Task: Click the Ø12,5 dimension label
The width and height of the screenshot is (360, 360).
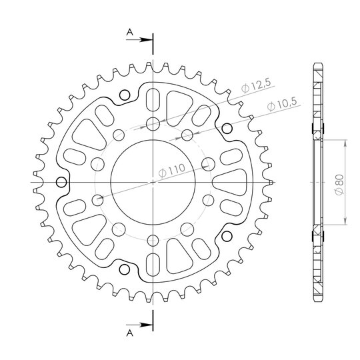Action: tap(256, 85)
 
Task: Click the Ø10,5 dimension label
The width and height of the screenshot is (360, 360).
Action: tap(283, 104)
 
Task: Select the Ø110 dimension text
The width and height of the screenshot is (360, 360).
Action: tap(172, 171)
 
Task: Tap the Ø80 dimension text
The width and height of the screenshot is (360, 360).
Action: tap(339, 185)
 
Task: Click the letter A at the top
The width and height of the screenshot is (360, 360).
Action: tap(130, 33)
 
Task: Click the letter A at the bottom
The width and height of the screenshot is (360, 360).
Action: tap(130, 333)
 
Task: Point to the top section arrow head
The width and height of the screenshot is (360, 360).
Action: tap(147, 40)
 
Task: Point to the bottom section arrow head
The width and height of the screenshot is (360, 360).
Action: tap(147, 325)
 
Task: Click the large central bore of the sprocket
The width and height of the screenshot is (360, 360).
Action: tap(153, 182)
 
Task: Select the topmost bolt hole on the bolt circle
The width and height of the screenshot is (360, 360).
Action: tap(153, 124)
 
